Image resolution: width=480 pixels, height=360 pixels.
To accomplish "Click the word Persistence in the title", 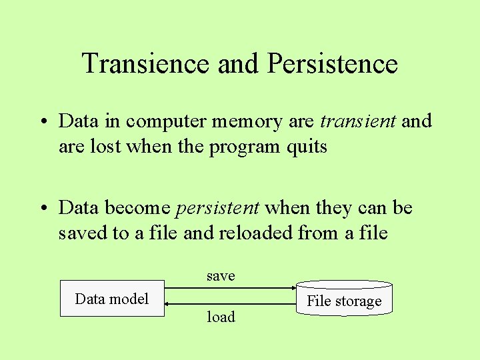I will point(332,64).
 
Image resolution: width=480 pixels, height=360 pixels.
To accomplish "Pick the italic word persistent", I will point(217,208).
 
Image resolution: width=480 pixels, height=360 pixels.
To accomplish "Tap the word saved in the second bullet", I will point(80,233).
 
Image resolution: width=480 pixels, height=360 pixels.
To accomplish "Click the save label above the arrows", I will point(221,275).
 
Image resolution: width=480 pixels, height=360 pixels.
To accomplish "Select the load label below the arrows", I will point(221,317).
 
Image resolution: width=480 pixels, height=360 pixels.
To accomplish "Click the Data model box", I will point(112,299).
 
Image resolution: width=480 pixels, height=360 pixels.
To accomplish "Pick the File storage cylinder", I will point(344,300).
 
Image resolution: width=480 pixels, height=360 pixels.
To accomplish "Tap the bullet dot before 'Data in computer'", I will point(41,122).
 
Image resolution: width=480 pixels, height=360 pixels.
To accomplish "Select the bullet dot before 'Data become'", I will point(41,209).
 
